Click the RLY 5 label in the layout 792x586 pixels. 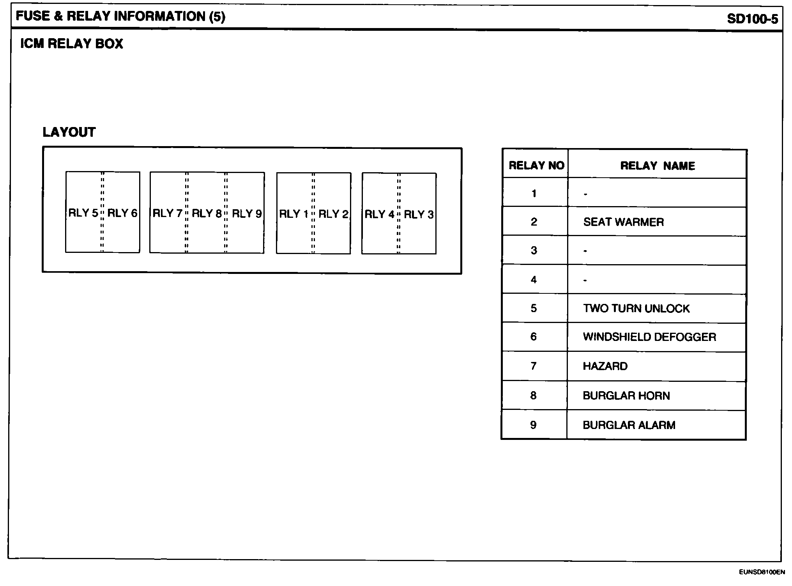coord(83,213)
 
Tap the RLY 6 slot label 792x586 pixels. coord(122,213)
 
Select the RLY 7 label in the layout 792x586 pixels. coord(168,214)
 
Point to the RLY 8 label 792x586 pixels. coord(207,214)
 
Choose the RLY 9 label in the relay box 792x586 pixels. coord(247,214)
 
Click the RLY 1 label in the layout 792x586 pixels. coord(294,214)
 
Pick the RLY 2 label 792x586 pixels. coord(333,214)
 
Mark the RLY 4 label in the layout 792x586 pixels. coord(380,214)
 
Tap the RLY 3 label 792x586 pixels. coord(419,214)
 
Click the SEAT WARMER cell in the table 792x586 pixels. coord(623,222)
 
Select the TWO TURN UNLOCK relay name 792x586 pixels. coord(636,309)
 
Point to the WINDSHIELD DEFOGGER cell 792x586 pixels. coord(649,337)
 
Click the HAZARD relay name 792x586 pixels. coord(605,366)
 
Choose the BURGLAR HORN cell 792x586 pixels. coord(626,396)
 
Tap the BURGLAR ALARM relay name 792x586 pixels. coord(629,425)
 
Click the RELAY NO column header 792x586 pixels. coord(536,166)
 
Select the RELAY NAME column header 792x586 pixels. coord(658,166)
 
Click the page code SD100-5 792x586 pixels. coord(752,19)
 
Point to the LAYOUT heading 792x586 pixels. coord(69,132)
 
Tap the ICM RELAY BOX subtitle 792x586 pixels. coord(72,44)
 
